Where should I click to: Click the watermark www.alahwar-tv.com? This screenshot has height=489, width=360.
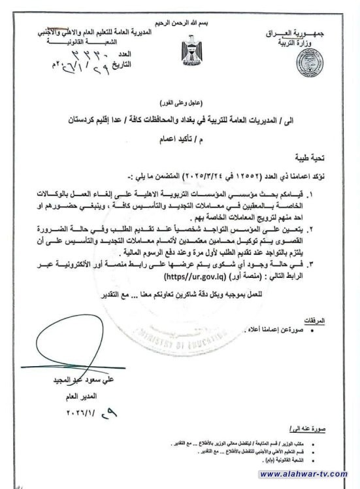point(311,477)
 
